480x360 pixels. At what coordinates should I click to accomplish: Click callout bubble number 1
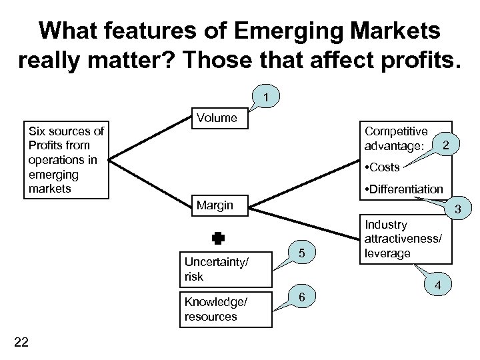tap(265, 98)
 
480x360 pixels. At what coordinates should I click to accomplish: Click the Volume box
tap(217, 119)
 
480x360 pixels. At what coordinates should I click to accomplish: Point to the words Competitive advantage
tap(396, 137)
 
